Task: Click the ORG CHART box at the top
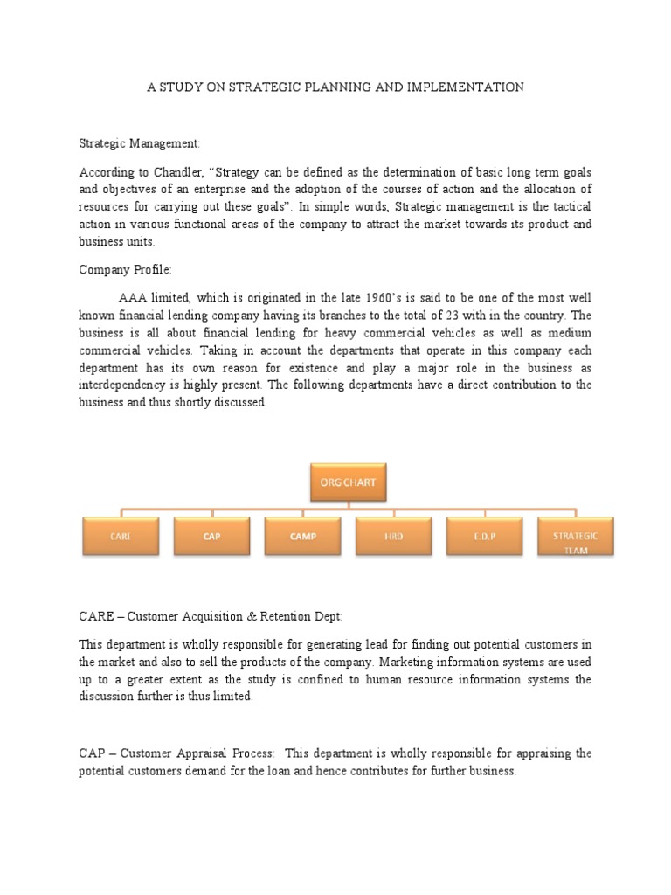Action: (x=348, y=482)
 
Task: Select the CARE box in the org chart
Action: (x=120, y=536)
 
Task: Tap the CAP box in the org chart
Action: (x=211, y=536)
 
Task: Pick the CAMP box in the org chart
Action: (x=302, y=536)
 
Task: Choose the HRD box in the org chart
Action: (x=393, y=536)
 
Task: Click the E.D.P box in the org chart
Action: (x=484, y=536)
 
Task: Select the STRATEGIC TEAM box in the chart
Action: (x=576, y=536)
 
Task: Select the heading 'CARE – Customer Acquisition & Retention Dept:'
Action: (x=217, y=616)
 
